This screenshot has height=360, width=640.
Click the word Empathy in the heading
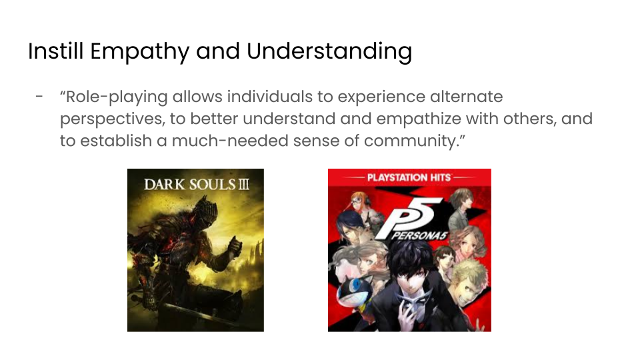[x=139, y=52]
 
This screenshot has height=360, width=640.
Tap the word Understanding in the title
[x=329, y=52]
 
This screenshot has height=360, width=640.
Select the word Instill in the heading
[x=55, y=51]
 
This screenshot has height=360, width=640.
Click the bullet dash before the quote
[x=39, y=97]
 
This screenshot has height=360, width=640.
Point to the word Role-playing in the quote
[x=116, y=97]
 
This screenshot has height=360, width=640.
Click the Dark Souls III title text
[x=196, y=185]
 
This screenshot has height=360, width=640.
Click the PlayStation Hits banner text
[x=409, y=177]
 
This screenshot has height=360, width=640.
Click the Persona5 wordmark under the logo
[x=419, y=236]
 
